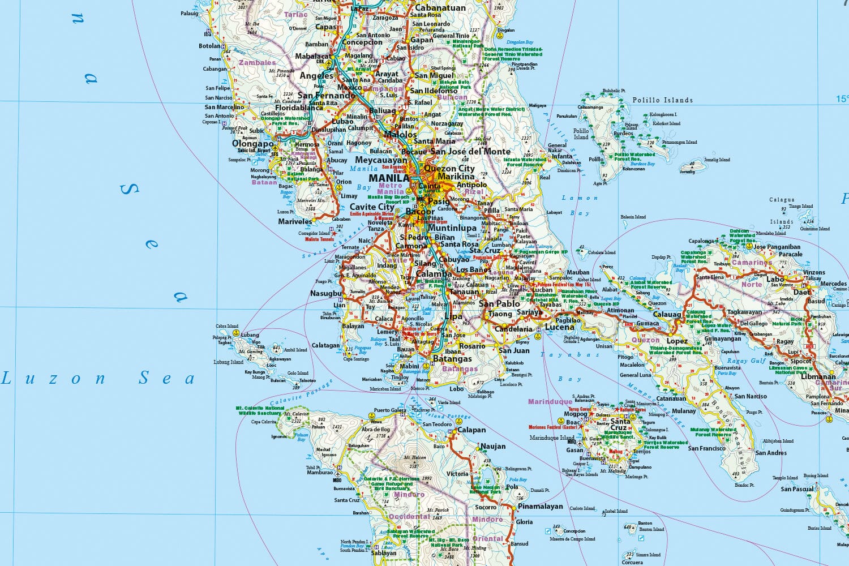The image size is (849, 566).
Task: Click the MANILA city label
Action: coord(388,178)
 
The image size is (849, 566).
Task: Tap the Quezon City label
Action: coord(449,168)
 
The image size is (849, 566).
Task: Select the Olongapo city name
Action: coord(253,144)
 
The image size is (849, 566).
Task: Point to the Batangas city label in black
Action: coord(452,359)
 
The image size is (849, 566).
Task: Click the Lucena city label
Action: coord(559,327)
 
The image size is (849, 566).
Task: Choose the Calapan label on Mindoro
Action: coord(471,430)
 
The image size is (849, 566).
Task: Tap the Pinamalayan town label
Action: coord(541,507)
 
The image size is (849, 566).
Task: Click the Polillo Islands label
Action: coord(662,100)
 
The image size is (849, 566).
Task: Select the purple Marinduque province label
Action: coord(550,402)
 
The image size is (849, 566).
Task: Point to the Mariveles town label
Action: coord(295,221)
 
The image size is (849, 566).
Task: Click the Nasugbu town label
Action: coord(326,293)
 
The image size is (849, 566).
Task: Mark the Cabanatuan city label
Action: coord(440,8)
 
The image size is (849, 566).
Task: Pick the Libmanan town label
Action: coord(818,376)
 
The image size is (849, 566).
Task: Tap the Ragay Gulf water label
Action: coord(746,361)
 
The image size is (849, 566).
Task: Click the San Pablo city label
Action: coord(499,303)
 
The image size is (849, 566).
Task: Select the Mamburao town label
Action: coord(319,472)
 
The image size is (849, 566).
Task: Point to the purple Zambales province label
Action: coord(257,63)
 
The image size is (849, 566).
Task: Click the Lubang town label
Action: coord(250,335)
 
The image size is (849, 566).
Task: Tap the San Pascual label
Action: coord(797,489)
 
